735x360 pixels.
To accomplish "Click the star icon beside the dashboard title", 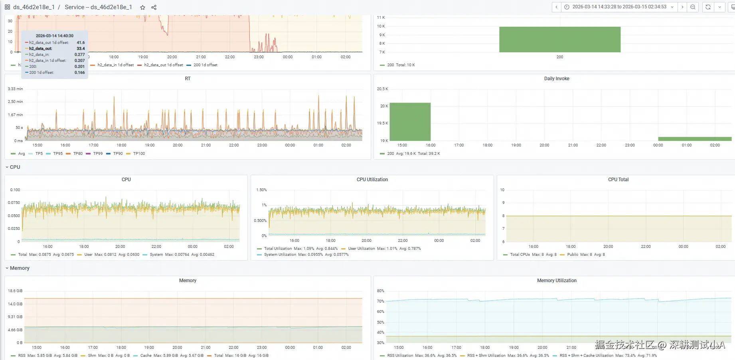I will pos(142,7).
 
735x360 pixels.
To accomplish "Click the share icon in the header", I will pos(154,7).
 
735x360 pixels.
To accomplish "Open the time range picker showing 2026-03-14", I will pos(619,7).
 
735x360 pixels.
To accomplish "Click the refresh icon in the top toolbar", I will pos(708,7).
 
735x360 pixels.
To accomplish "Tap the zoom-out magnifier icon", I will pos(693,7).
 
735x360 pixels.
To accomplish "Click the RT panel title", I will pos(188,79).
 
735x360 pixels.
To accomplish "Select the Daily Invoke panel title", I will pos(556,79).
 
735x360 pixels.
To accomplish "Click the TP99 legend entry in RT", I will pos(98,154).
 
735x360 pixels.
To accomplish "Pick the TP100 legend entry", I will pos(139,154).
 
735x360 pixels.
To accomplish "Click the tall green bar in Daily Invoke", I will pos(410,122).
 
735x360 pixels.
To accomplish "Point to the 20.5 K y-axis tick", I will pos(382,89).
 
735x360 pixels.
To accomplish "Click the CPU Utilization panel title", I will pos(372,180).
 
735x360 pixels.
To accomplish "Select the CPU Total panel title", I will pos(618,180).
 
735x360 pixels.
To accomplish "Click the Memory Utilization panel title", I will pos(556,281).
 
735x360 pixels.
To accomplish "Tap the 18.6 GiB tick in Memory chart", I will pos(15,291).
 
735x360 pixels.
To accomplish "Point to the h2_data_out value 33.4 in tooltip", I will pos(81,49).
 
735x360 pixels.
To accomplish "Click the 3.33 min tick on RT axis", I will pos(15,89).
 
